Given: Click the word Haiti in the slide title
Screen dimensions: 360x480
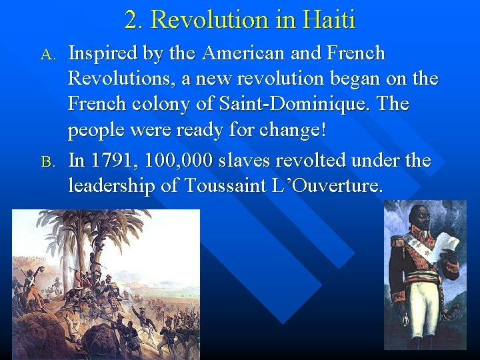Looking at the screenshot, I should pyautogui.click(x=329, y=19).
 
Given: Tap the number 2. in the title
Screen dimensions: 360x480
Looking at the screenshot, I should pyautogui.click(x=135, y=19).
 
